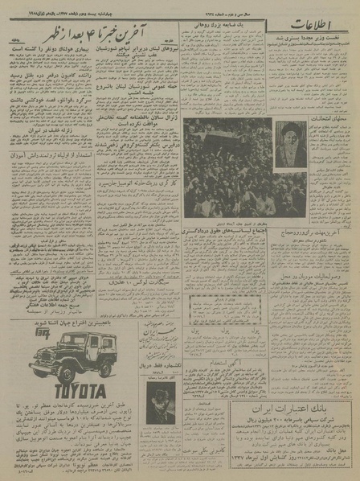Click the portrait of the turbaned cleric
290,145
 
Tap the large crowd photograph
227,167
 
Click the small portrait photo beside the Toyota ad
162,401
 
